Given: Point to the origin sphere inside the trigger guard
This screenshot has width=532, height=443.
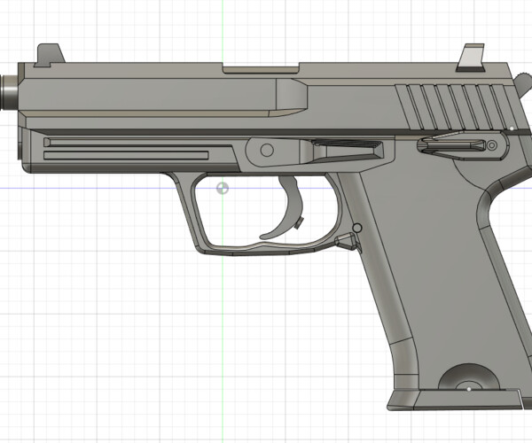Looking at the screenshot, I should pyautogui.click(x=222, y=188).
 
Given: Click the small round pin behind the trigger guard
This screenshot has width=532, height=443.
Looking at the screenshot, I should pyautogui.click(x=356, y=229).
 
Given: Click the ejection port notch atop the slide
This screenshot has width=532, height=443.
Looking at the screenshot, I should pyautogui.click(x=262, y=67).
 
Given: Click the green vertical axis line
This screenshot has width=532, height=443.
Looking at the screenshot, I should pyautogui.click(x=221, y=310).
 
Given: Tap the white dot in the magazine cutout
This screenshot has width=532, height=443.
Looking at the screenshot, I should pyautogui.click(x=467, y=387).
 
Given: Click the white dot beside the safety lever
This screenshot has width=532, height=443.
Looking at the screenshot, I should pyautogui.click(x=512, y=129).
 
